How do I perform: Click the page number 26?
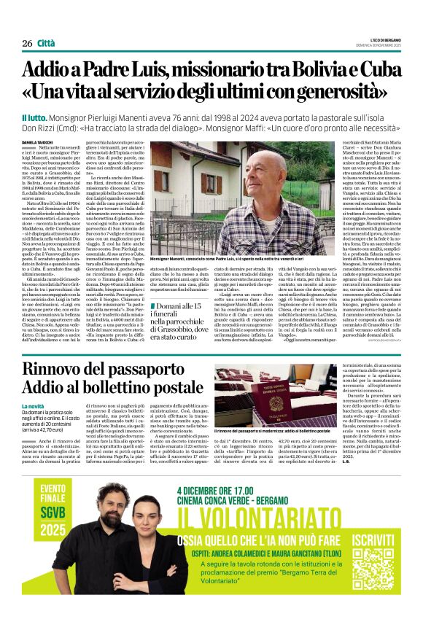tap(28, 43)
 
